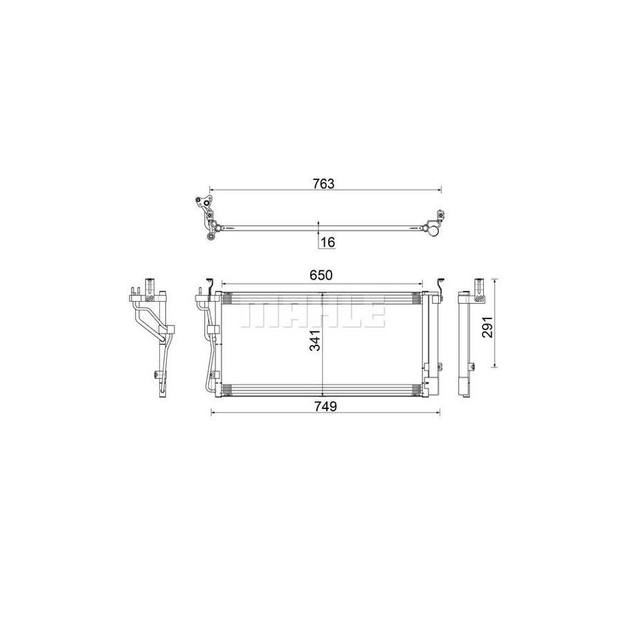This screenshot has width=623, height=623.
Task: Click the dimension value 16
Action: click(327, 242)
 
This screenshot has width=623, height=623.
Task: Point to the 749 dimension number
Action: click(325, 406)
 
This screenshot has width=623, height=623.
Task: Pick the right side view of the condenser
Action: click(469, 339)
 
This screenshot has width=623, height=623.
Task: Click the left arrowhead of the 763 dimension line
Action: click(212, 190)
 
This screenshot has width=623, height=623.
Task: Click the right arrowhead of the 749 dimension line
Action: click(438, 413)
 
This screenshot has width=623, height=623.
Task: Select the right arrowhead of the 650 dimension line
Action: click(419, 282)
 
